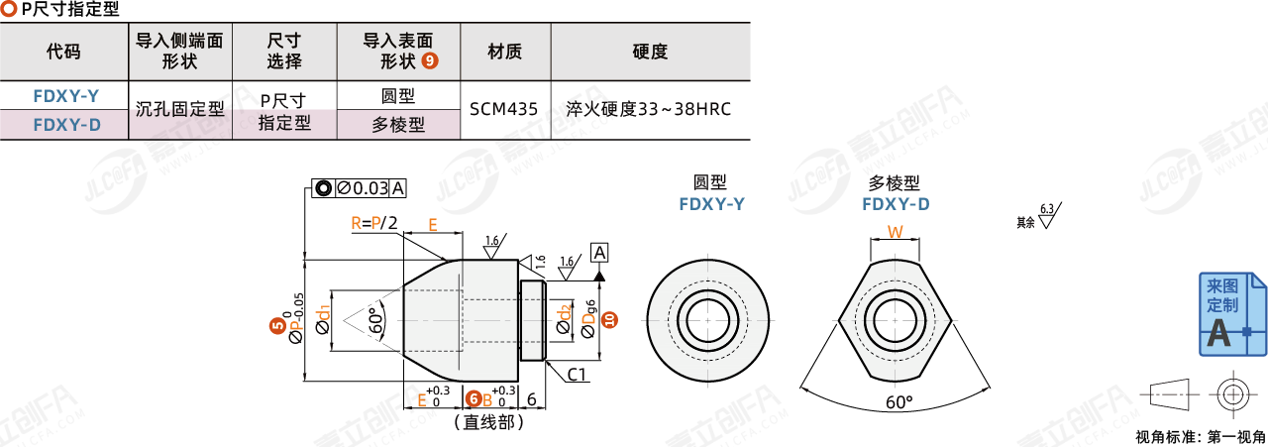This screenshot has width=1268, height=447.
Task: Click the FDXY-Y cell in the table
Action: point(65,96)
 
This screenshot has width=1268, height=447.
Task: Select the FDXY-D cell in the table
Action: point(65,125)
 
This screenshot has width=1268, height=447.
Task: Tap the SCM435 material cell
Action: point(504,109)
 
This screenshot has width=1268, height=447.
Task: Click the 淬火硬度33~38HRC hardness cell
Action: point(649,109)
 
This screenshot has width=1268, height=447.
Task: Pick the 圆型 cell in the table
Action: point(397,95)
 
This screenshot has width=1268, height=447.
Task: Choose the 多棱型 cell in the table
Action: point(397,125)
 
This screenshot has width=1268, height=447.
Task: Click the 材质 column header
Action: point(504,52)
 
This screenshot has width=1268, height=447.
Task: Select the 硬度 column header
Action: point(649,52)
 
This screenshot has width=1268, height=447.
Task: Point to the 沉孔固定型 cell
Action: point(180,109)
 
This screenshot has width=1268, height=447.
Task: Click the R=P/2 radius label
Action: point(373,223)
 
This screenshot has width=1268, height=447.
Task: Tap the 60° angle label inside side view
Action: point(374,322)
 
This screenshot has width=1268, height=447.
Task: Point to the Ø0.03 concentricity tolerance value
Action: point(363,188)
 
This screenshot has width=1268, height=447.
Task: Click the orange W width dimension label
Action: point(895,233)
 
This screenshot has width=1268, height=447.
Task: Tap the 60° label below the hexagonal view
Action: point(898,402)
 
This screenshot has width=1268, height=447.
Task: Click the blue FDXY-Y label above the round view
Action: point(711,204)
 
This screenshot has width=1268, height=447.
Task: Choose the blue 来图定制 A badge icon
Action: point(1231,314)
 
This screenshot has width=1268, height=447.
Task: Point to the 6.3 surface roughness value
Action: point(1048,209)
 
